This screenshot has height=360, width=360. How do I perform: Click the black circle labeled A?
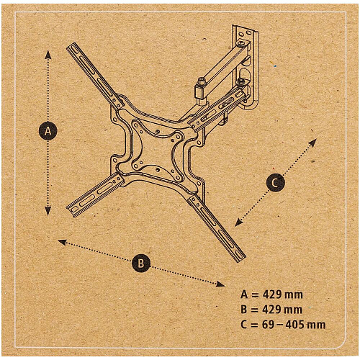click(x=48, y=131)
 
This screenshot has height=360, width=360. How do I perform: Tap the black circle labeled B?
click(x=141, y=263)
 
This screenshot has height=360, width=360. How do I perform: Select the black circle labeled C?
click(x=276, y=182)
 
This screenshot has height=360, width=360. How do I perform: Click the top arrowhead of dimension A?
click(x=48, y=55)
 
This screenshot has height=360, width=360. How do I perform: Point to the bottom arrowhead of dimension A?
click(x=48, y=211)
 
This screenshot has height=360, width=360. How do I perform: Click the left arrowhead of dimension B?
click(x=62, y=242)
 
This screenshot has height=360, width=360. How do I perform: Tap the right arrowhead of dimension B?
click(x=220, y=284)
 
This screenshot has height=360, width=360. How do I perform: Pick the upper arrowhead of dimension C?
click(x=313, y=143)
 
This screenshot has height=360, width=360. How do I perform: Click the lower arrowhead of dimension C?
click(x=238, y=222)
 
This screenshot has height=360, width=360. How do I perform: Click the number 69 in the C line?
click(x=268, y=325)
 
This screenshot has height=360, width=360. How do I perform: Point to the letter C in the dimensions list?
click(x=243, y=325)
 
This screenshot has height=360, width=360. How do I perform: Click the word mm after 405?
click(x=317, y=325)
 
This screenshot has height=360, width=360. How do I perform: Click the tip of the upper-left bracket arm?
click(x=71, y=46)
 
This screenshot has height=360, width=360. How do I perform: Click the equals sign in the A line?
click(x=255, y=295)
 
